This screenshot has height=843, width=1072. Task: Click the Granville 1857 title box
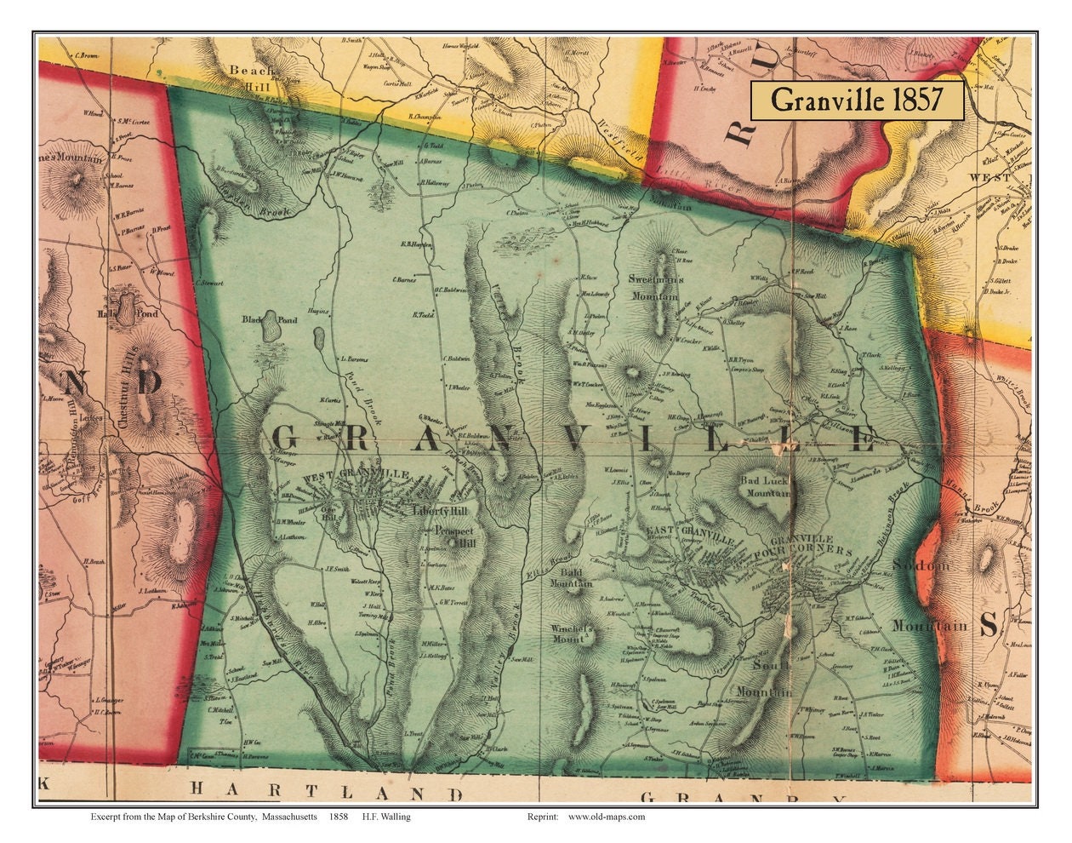(x=856, y=100)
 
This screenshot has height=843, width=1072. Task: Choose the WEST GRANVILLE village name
(x=350, y=474)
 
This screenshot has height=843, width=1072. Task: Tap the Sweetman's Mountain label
(x=653, y=288)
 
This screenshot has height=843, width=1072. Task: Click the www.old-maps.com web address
(x=606, y=817)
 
